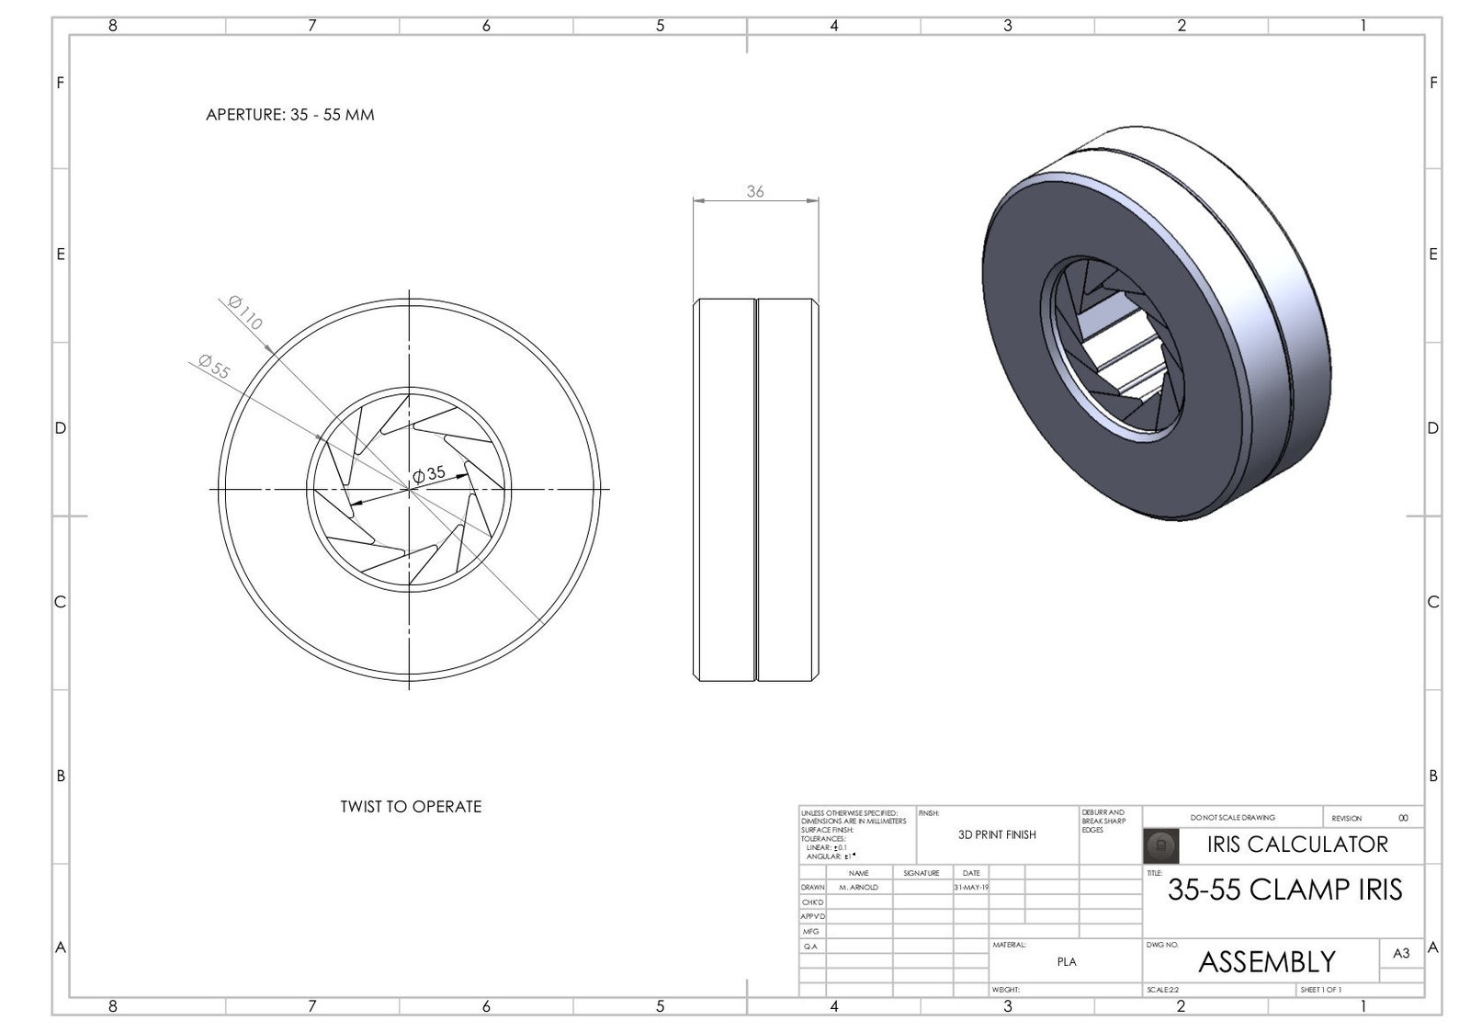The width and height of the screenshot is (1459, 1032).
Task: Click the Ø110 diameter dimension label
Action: (x=245, y=313)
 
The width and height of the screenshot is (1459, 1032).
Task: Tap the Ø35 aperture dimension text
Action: (x=429, y=474)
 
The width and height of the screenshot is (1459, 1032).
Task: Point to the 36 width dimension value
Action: (x=754, y=191)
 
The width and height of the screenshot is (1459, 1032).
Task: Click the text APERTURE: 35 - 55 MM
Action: (x=289, y=115)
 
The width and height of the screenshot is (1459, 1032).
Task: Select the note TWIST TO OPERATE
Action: (x=411, y=807)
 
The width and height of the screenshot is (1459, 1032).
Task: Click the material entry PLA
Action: (x=1066, y=961)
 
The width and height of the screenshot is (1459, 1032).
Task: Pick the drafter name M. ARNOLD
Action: (x=858, y=888)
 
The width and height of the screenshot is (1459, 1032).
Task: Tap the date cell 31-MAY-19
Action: (x=971, y=888)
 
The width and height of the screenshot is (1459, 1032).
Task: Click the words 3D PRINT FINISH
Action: (x=997, y=834)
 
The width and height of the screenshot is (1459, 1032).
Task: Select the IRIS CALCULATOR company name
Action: (x=1296, y=844)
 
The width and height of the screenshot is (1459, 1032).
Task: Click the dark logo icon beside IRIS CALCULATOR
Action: (x=1159, y=845)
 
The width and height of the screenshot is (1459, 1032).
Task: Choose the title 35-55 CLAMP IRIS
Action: (x=1284, y=890)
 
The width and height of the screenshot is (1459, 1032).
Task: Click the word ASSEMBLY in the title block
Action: (x=1266, y=961)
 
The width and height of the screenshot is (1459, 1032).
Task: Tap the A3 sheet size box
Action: (x=1400, y=953)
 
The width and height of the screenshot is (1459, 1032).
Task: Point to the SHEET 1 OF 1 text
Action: (x=1320, y=990)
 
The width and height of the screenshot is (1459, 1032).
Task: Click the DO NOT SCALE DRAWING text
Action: (x=1232, y=817)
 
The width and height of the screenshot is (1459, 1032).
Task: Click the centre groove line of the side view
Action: (x=755, y=489)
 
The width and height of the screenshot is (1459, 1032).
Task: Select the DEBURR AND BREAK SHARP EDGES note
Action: (x=1103, y=821)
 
